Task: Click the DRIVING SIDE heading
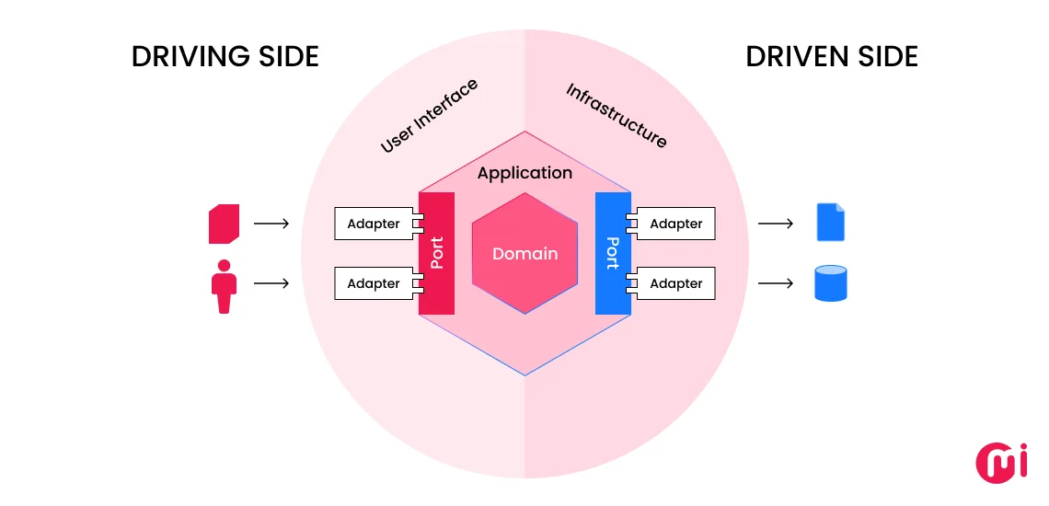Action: (x=225, y=57)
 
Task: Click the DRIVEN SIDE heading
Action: (x=832, y=57)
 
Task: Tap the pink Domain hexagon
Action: (x=524, y=254)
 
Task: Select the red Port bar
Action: (x=437, y=253)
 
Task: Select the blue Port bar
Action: (x=612, y=253)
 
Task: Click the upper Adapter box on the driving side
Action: (x=374, y=224)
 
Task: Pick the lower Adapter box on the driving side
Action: (x=374, y=284)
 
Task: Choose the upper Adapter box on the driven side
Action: (x=676, y=224)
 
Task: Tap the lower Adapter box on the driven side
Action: (x=676, y=284)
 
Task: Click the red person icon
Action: (x=224, y=286)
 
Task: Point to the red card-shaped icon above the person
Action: (x=225, y=224)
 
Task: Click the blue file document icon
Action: (x=830, y=223)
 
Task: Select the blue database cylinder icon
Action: (x=830, y=284)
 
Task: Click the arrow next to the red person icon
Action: (x=271, y=284)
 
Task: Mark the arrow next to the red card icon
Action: (x=271, y=224)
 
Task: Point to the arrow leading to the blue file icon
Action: (x=775, y=224)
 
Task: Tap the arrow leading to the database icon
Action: (x=775, y=284)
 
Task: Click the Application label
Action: (x=524, y=173)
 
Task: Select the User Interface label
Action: (x=429, y=116)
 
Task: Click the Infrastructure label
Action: (x=617, y=116)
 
